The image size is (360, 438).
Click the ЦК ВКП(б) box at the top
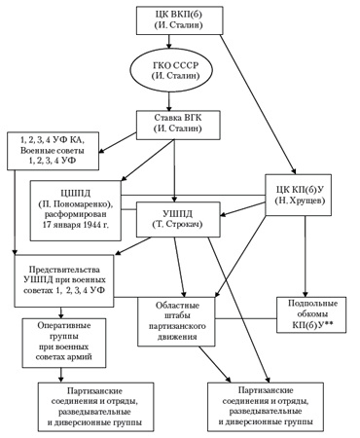click(x=179, y=20)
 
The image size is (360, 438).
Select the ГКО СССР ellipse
click(x=172, y=71)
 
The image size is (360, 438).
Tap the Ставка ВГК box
click(x=178, y=126)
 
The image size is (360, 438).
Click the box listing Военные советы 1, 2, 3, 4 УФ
click(x=54, y=151)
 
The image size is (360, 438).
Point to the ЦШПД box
click(x=76, y=210)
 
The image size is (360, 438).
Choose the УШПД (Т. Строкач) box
click(x=178, y=220)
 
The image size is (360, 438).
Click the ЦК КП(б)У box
click(x=299, y=195)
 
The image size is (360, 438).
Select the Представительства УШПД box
click(x=64, y=281)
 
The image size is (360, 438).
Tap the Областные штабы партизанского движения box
click(x=177, y=321)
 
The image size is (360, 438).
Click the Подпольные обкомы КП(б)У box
click(x=311, y=314)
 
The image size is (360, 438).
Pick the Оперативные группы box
click(x=64, y=343)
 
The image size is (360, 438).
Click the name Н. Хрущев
click(x=300, y=201)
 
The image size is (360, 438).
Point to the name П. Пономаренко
click(x=76, y=204)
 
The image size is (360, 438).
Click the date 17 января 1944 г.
click(x=76, y=225)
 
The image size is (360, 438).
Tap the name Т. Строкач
click(x=177, y=225)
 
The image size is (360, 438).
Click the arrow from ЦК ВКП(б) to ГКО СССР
click(x=168, y=41)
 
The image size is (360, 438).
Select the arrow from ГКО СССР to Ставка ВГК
click(x=168, y=102)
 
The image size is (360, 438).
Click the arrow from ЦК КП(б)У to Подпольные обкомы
click(x=305, y=256)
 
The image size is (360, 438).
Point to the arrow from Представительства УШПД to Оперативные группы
click(x=61, y=312)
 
